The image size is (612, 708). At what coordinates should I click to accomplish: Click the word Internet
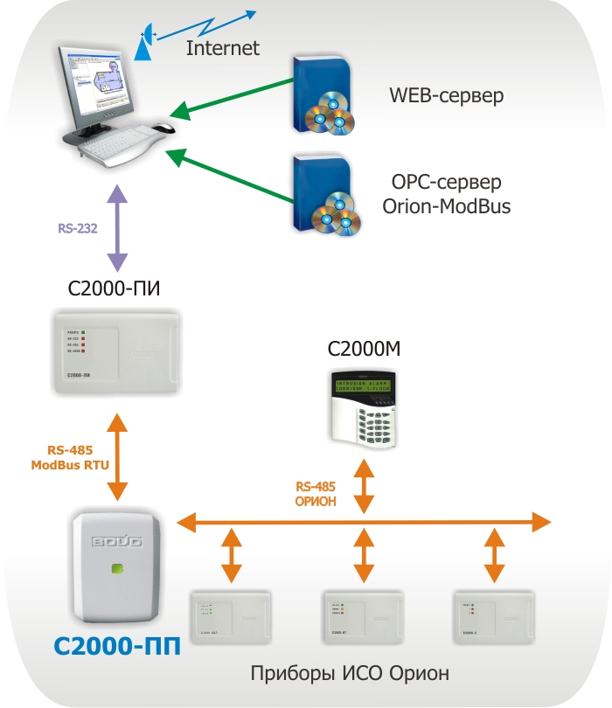[223, 48]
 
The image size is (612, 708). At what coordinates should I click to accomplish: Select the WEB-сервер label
[446, 94]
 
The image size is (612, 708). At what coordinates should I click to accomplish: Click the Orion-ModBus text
[447, 207]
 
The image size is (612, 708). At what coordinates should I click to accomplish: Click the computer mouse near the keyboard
[163, 128]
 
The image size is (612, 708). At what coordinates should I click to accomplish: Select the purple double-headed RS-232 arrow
[117, 229]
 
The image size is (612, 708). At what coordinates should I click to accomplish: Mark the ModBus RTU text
[70, 465]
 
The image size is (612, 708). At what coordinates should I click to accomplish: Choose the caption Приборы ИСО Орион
[350, 673]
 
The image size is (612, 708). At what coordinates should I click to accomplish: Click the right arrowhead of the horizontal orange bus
[542, 523]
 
